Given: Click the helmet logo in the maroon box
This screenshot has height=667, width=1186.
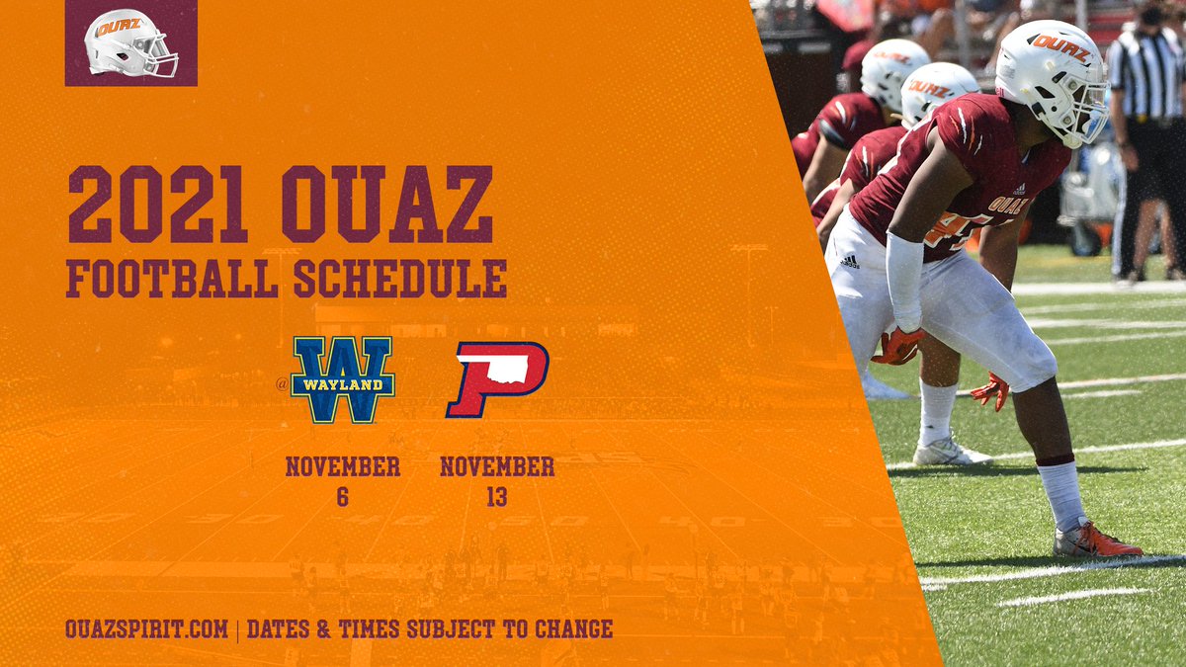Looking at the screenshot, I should pyautogui.click(x=130, y=43).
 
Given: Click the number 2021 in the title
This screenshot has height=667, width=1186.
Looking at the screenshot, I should pyautogui.click(x=158, y=206).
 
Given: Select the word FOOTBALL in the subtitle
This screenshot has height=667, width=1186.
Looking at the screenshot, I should pyautogui.click(x=172, y=279).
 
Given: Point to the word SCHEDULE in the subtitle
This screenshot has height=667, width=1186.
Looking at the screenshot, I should pyautogui.click(x=399, y=279).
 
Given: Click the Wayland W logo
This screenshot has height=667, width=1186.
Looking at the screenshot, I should pyautogui.click(x=343, y=379).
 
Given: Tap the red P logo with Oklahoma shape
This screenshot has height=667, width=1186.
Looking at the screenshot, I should pyautogui.click(x=496, y=379).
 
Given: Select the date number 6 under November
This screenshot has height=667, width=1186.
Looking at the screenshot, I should pyautogui.click(x=342, y=498).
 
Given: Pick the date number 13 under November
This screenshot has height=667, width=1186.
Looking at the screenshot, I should pyautogui.click(x=496, y=498).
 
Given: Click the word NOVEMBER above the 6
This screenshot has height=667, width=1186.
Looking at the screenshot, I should pyautogui.click(x=342, y=466).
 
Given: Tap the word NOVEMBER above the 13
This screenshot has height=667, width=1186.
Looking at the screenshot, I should pyautogui.click(x=496, y=466).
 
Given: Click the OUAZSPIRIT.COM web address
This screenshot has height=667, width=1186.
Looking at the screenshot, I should pyautogui.click(x=147, y=628).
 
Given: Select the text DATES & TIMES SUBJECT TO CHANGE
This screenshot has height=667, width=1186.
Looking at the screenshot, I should pyautogui.click(x=430, y=628).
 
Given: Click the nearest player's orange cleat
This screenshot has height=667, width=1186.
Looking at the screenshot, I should pyautogui.click(x=1096, y=542).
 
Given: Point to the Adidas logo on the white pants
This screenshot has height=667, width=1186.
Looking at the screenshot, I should pyautogui.click(x=849, y=262).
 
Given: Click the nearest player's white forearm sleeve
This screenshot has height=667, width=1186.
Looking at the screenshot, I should pyautogui.click(x=903, y=281).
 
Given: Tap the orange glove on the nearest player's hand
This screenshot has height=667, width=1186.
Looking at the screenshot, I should pyautogui.click(x=898, y=346).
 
